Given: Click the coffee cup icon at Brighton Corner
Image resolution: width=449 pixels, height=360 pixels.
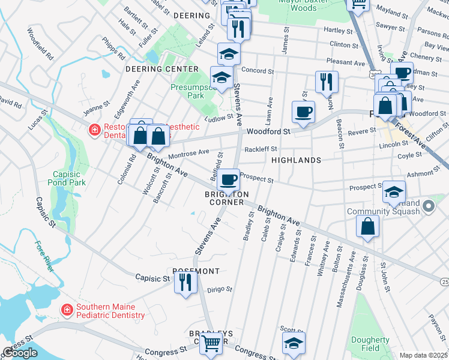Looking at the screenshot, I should point(228,179).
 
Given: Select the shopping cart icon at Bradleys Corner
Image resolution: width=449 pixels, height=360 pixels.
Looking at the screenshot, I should point(211,343).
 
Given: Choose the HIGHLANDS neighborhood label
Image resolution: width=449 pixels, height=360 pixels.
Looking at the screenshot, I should point(296,160).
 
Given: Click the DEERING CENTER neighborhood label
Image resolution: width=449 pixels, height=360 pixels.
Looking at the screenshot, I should point(161,69).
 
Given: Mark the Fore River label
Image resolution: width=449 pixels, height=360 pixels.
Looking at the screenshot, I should point(45,256).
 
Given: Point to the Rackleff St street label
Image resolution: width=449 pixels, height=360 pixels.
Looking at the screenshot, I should point(261,149).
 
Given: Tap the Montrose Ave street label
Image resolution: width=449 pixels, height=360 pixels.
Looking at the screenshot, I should point(188,154).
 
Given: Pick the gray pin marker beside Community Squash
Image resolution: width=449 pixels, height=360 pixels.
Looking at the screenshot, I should point(428,207).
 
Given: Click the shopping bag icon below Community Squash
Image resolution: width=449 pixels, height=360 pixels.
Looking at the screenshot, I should point(368,227).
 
